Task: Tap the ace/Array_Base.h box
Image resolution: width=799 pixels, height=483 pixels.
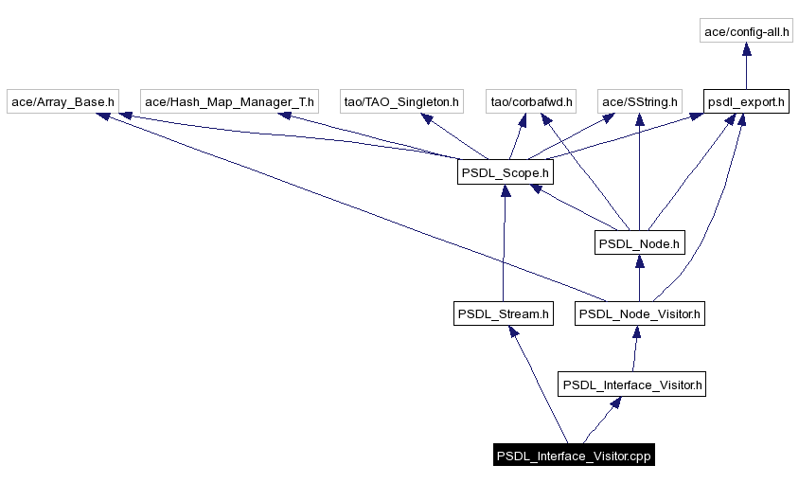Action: point(63,101)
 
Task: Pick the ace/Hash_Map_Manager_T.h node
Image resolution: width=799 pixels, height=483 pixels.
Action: point(230,101)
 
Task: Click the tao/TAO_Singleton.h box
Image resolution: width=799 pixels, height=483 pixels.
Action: point(401,101)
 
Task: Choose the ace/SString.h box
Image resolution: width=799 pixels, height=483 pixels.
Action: point(641,101)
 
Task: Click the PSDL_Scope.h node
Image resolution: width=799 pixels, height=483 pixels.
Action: point(505,172)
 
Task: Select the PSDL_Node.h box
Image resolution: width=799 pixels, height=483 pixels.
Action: point(640,243)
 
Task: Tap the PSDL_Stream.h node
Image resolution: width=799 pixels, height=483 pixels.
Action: point(503,313)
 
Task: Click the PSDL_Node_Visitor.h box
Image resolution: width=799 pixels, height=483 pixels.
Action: point(640,313)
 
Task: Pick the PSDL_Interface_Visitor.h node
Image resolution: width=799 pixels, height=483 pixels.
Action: point(632,385)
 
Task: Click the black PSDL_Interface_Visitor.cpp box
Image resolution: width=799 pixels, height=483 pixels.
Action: point(575,456)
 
